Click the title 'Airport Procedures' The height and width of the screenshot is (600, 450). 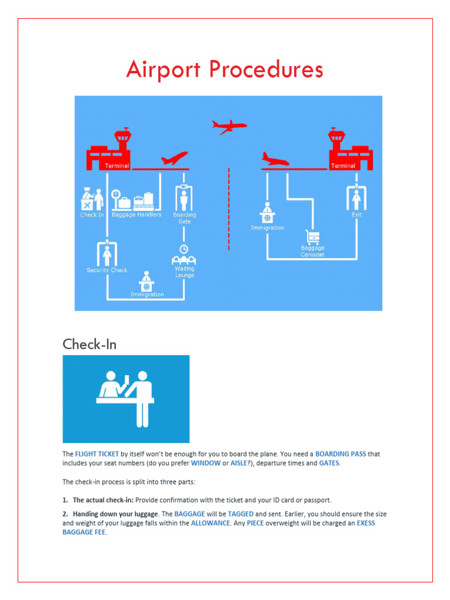(224, 70)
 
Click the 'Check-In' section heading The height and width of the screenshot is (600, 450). (90, 344)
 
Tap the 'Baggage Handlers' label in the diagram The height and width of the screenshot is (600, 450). (137, 215)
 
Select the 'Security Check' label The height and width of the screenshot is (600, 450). (107, 270)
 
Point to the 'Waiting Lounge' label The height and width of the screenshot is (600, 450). (185, 272)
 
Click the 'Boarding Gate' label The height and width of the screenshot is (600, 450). (185, 218)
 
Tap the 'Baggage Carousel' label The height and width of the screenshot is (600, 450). (312, 251)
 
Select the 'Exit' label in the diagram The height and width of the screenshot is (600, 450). (356, 215)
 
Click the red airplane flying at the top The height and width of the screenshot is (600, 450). (229, 126)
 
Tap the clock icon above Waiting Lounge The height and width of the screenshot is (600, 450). (184, 248)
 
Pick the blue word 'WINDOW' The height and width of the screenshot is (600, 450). (206, 463)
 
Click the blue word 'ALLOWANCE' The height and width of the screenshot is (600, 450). (210, 523)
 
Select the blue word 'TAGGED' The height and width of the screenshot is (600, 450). (240, 513)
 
